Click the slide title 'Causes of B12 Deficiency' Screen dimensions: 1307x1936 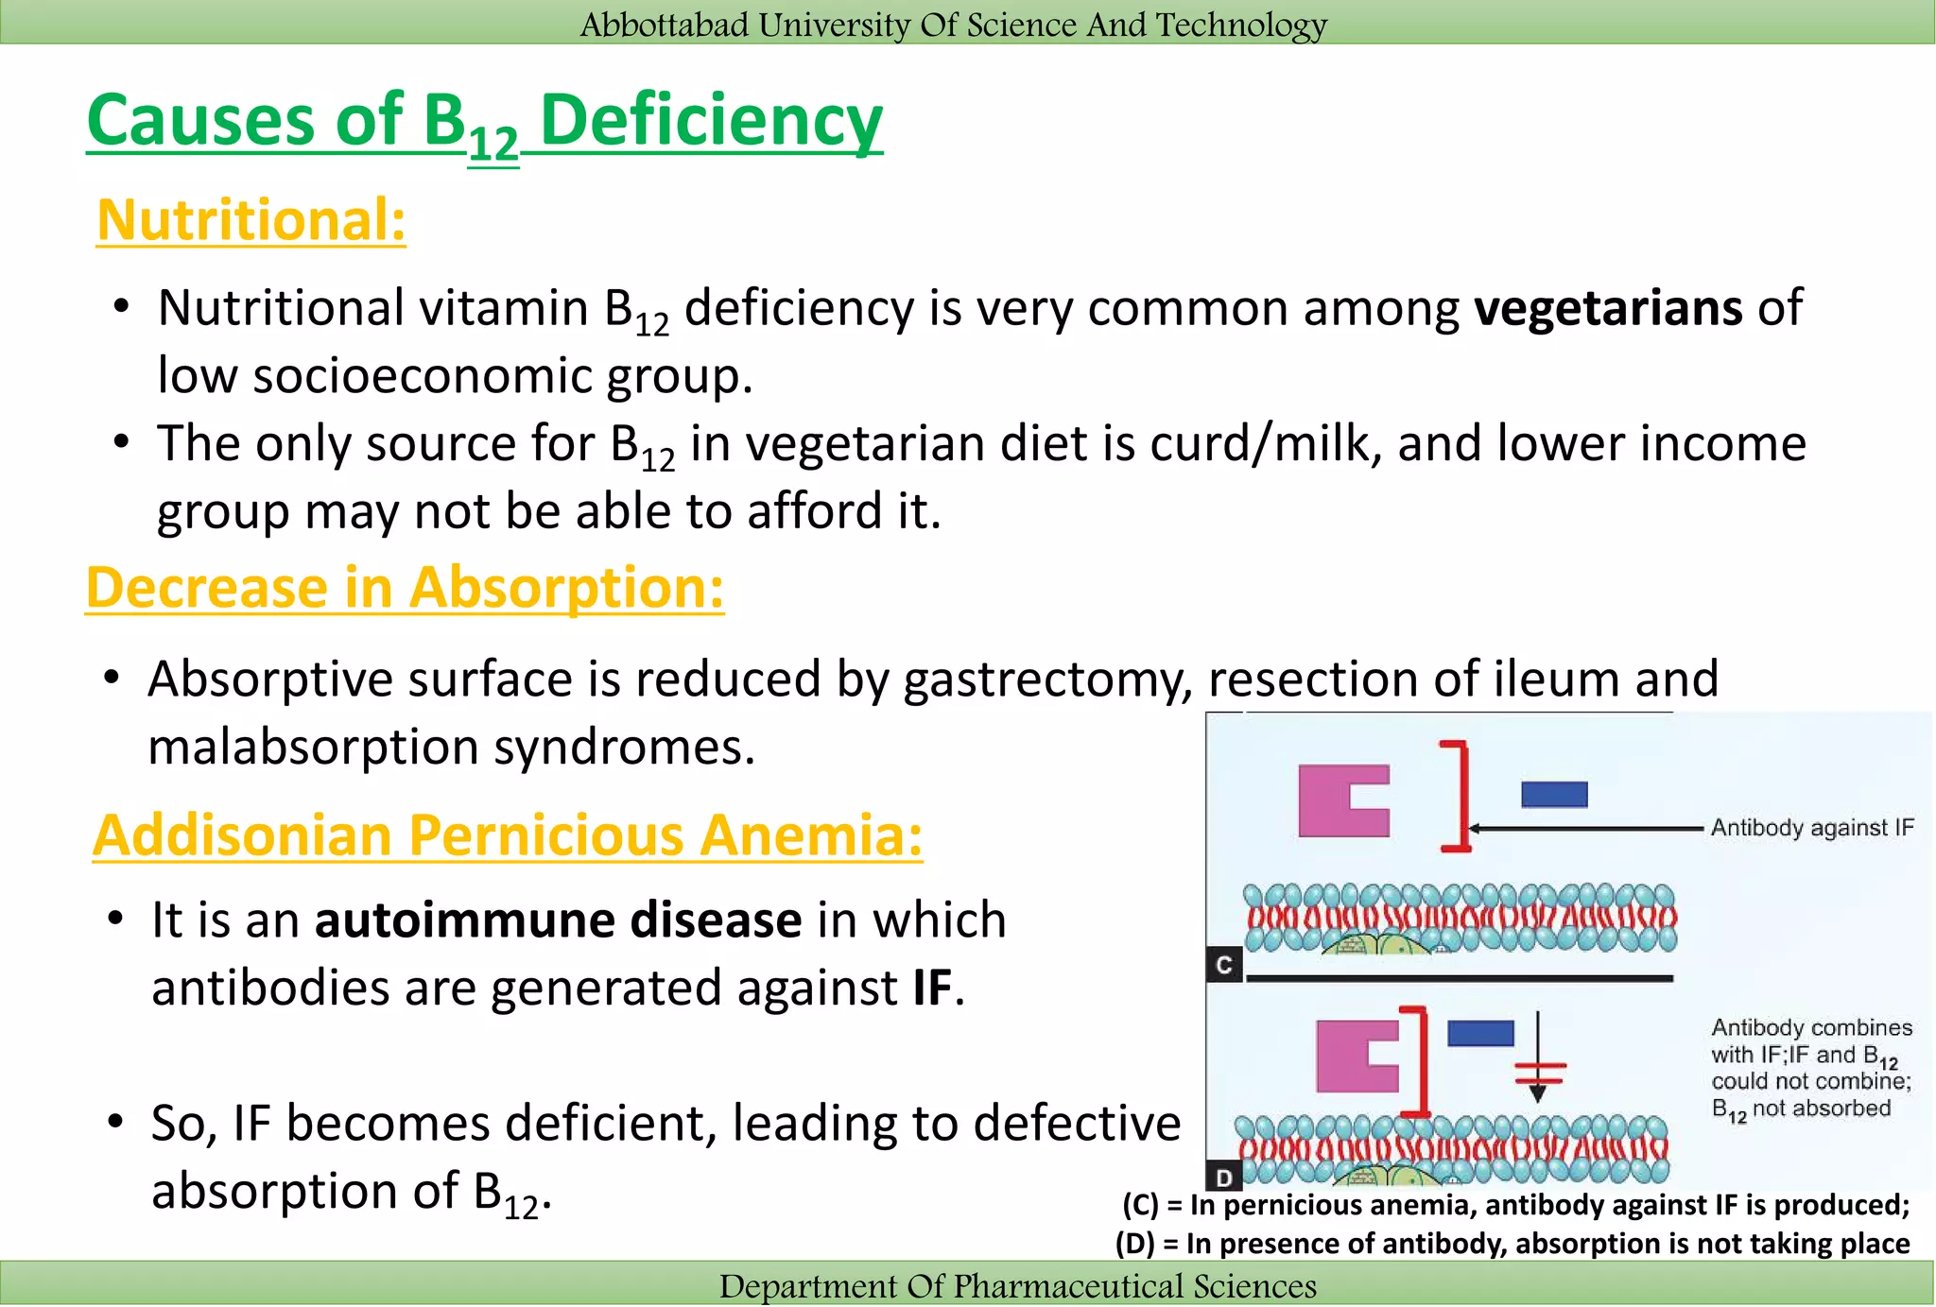click(484, 123)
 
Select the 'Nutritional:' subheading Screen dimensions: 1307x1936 click(251, 220)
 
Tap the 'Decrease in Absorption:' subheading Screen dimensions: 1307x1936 click(405, 588)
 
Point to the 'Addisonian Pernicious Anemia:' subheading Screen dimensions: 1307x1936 click(508, 835)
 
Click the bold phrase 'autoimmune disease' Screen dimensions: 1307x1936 click(558, 920)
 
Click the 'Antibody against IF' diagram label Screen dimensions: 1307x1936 click(1811, 828)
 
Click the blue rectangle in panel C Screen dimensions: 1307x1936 click(1554, 794)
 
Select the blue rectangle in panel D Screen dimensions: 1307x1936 click(1480, 1033)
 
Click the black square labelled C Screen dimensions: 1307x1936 click(1224, 965)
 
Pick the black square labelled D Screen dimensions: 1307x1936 click(1224, 1178)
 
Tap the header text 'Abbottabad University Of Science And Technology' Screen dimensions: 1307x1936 click(953, 24)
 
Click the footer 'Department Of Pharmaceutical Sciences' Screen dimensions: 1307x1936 click(1017, 1286)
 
